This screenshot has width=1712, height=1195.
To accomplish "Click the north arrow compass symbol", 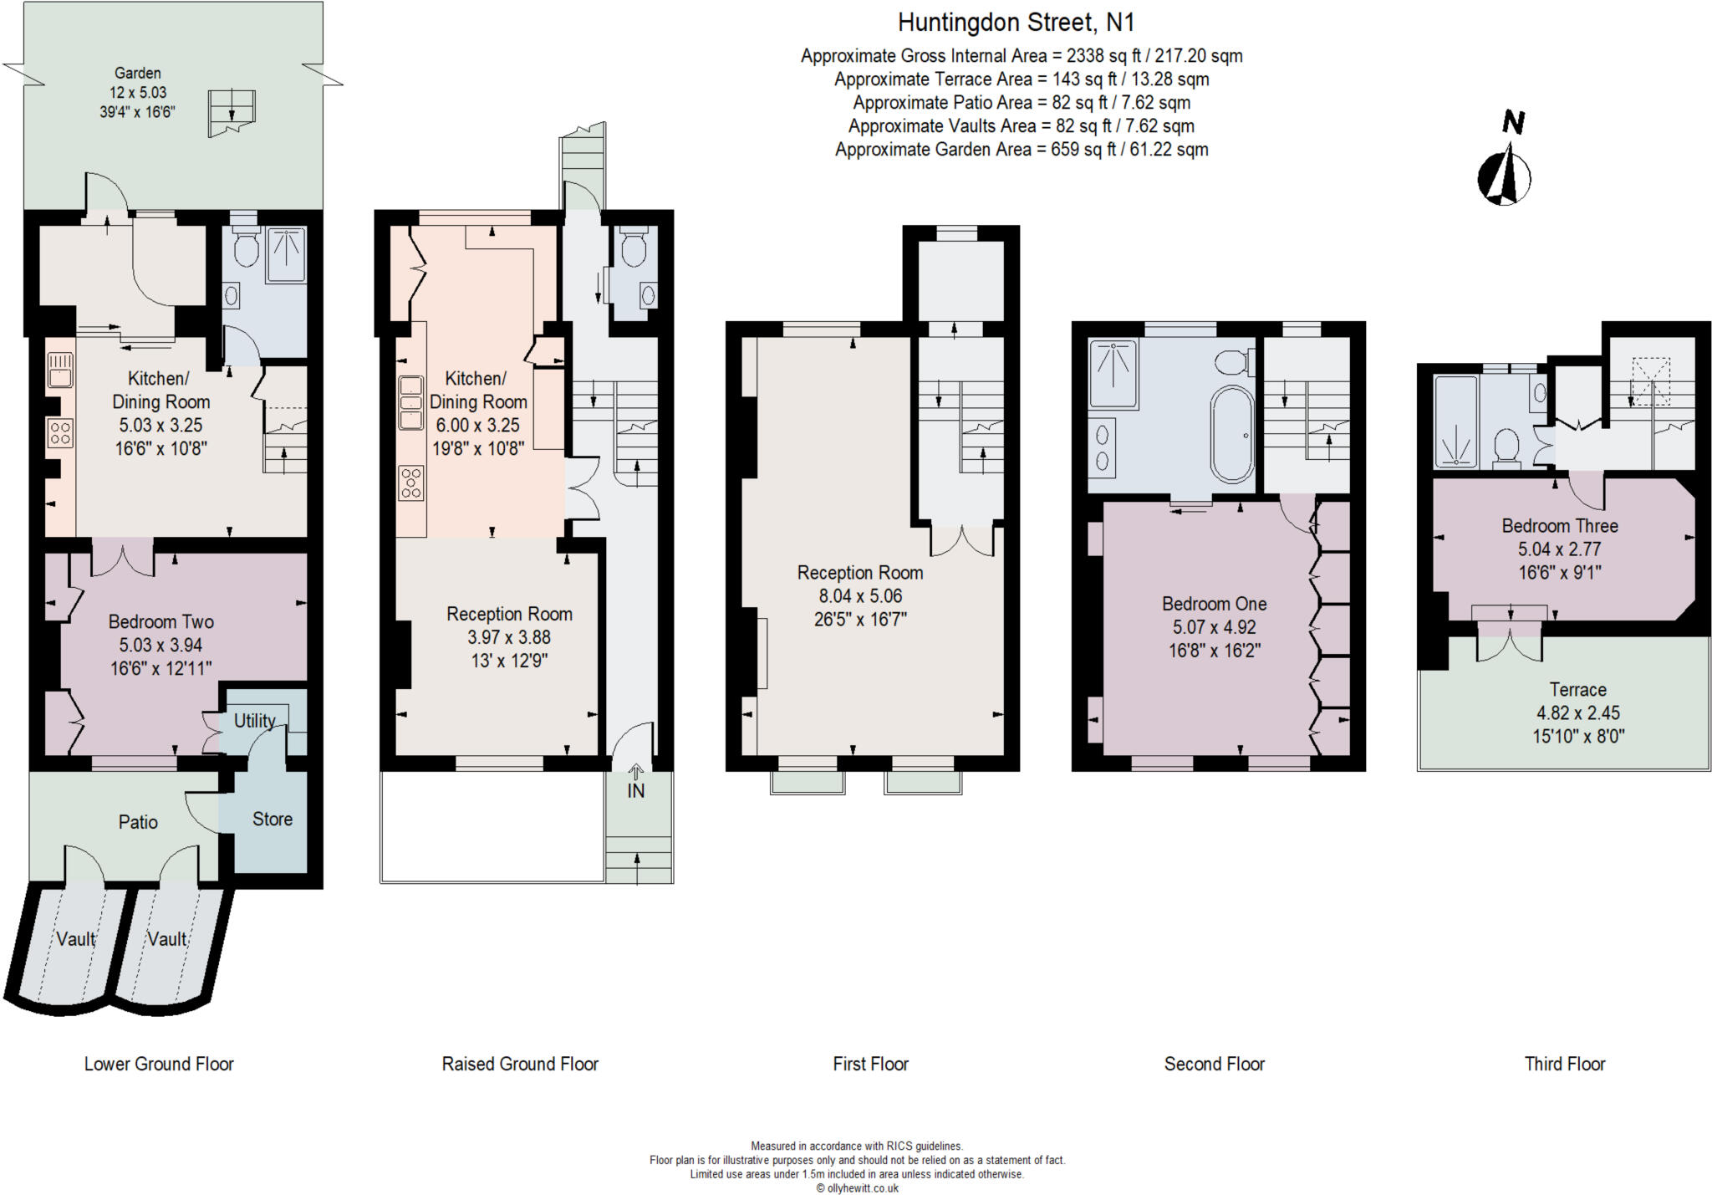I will point(1504,176).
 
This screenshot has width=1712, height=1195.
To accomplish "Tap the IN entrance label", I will point(636,790).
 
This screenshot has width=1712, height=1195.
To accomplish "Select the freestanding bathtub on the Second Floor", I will point(1232,434).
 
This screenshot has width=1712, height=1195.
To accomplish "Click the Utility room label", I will point(254,721).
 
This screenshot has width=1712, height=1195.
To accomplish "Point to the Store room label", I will point(273,820).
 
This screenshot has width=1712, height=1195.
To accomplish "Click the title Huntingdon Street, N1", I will point(1016,23).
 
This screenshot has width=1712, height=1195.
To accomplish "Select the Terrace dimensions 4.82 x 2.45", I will point(1577,713).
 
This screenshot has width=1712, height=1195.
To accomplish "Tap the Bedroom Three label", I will point(1559,526).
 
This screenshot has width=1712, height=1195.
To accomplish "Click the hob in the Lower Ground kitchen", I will point(60,432).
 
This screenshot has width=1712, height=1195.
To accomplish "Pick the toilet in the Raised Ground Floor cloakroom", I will point(634,248).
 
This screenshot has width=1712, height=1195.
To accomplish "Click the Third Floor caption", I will point(1564,1064).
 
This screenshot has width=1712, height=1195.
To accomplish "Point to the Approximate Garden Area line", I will point(1022,150).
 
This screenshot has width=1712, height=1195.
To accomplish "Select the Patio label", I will point(138,822).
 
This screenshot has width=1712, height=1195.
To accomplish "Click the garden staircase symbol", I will point(232,112).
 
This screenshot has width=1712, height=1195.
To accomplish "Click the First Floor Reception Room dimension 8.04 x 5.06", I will point(860,596).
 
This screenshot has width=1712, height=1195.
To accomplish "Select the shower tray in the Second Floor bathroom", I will point(1113,374).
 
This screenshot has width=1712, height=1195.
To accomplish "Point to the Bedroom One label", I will point(1214,604).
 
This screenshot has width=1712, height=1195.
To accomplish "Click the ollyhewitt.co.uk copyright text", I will point(857,1187).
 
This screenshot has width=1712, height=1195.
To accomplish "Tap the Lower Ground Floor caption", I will point(159,1064).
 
